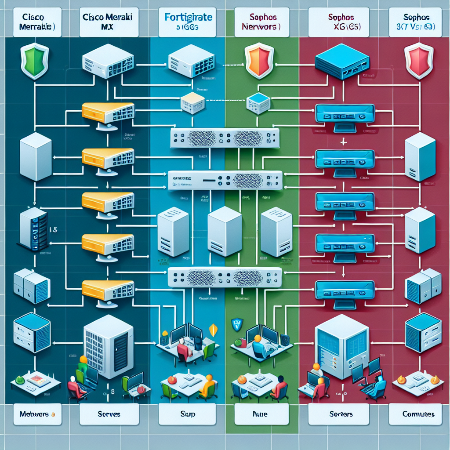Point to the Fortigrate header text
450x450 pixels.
189,18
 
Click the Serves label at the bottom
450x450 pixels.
109,414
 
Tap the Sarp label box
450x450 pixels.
188,414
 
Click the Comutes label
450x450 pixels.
418,414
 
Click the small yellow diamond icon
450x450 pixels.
214,329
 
